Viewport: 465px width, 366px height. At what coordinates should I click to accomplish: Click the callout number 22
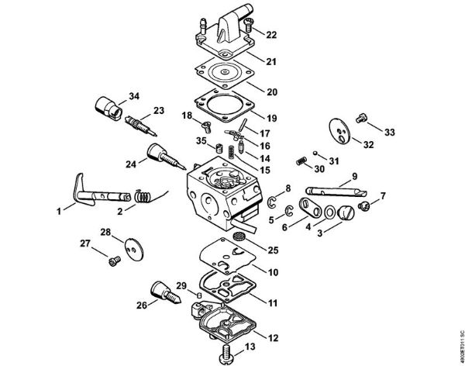[x=270, y=35]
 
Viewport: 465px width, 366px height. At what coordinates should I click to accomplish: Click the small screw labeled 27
[x=115, y=261]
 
